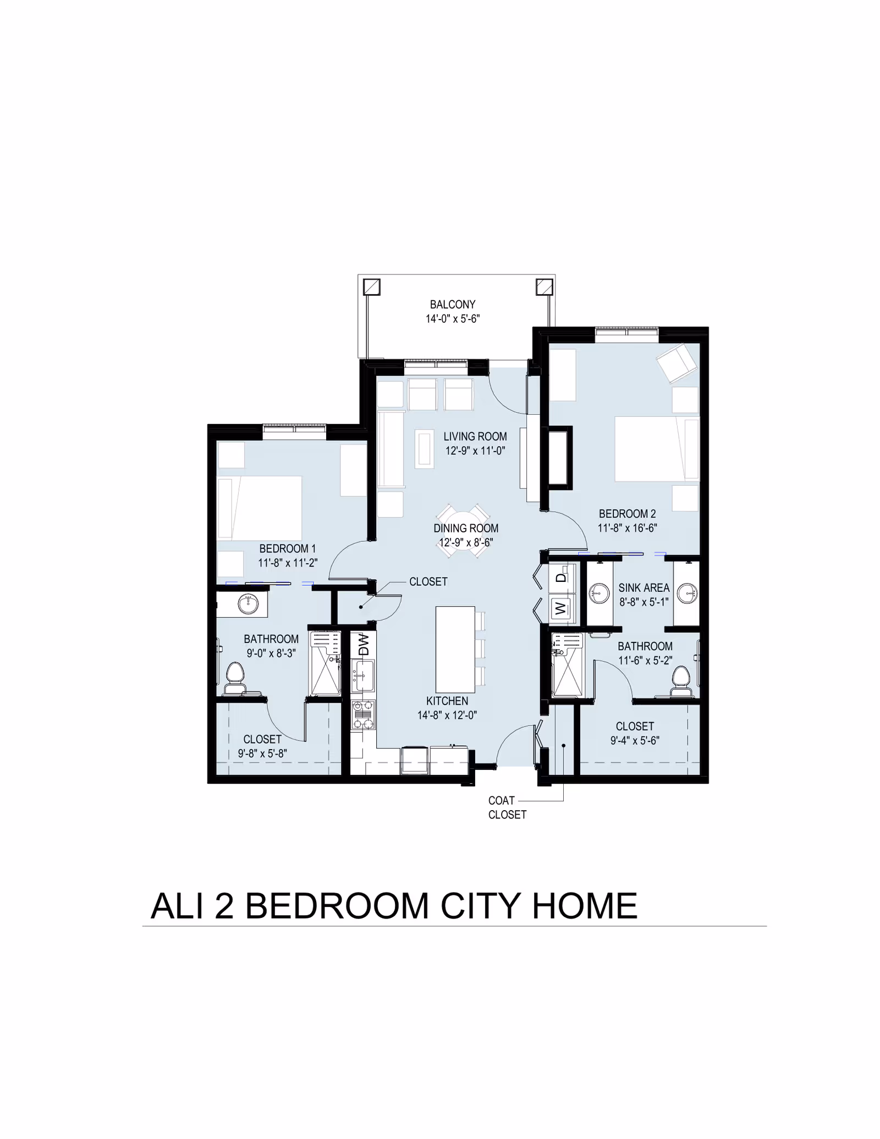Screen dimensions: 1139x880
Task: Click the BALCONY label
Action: tap(452, 304)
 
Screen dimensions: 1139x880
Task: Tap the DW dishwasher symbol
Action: tap(363, 644)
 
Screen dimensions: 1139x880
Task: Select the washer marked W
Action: tap(560, 609)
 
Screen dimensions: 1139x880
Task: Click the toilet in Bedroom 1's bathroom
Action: tap(235, 679)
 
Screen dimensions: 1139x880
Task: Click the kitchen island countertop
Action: tap(455, 649)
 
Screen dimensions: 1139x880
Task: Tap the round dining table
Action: tap(463, 530)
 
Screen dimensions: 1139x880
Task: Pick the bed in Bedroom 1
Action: tap(260, 508)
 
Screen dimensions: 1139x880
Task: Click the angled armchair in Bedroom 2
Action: tap(676, 362)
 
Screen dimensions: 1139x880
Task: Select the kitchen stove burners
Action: tap(363, 714)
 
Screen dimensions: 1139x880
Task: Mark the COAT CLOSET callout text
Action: tap(507, 807)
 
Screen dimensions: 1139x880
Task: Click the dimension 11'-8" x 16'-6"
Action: tap(627, 528)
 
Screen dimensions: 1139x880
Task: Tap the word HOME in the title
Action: tap(584, 906)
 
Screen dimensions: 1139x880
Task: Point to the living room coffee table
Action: tap(424, 449)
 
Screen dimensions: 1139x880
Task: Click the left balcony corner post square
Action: tap(372, 287)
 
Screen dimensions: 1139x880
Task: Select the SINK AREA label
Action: tap(643, 588)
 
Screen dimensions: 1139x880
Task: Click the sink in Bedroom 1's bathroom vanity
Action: tap(248, 604)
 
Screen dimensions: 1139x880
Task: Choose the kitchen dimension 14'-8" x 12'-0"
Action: tap(447, 715)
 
